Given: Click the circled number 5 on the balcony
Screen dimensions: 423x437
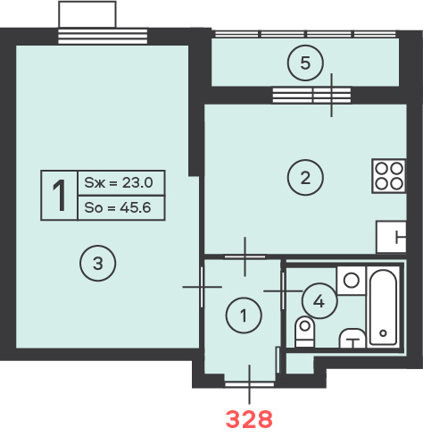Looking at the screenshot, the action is pyautogui.click(x=305, y=63).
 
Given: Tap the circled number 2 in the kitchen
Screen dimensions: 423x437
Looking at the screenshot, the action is pyautogui.click(x=305, y=178).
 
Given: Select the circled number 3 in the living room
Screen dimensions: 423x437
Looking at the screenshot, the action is pyautogui.click(x=97, y=264).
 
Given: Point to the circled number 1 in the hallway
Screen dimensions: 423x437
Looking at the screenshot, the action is pyautogui.click(x=244, y=315).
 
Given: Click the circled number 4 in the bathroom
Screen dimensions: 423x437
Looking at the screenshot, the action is pyautogui.click(x=319, y=301).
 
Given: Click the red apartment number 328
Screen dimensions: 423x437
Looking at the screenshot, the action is pyautogui.click(x=249, y=419).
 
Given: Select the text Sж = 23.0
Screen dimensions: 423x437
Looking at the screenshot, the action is pyautogui.click(x=119, y=182).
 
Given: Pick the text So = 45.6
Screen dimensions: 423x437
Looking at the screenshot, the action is pyautogui.click(x=118, y=207).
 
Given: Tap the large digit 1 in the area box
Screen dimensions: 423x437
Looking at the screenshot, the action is pyautogui.click(x=59, y=196).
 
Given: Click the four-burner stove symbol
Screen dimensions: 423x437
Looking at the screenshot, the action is pyautogui.click(x=389, y=176).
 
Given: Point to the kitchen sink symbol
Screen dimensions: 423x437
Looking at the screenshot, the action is pyautogui.click(x=391, y=237).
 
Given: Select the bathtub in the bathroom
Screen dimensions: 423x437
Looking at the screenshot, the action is pyautogui.click(x=383, y=307).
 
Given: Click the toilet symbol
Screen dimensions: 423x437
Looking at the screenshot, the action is pyautogui.click(x=304, y=332).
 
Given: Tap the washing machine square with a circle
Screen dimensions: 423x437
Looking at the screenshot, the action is pyautogui.click(x=351, y=281).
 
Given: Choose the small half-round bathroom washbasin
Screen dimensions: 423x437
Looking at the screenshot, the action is pyautogui.click(x=352, y=338).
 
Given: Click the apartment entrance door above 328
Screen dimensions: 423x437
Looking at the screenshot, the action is pyautogui.click(x=249, y=384).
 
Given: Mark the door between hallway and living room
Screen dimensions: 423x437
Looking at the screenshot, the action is pyautogui.click(x=203, y=287).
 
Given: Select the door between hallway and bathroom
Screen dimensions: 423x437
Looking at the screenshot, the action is pyautogui.click(x=283, y=290).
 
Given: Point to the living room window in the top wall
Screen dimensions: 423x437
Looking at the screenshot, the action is pyautogui.click(x=103, y=36).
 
